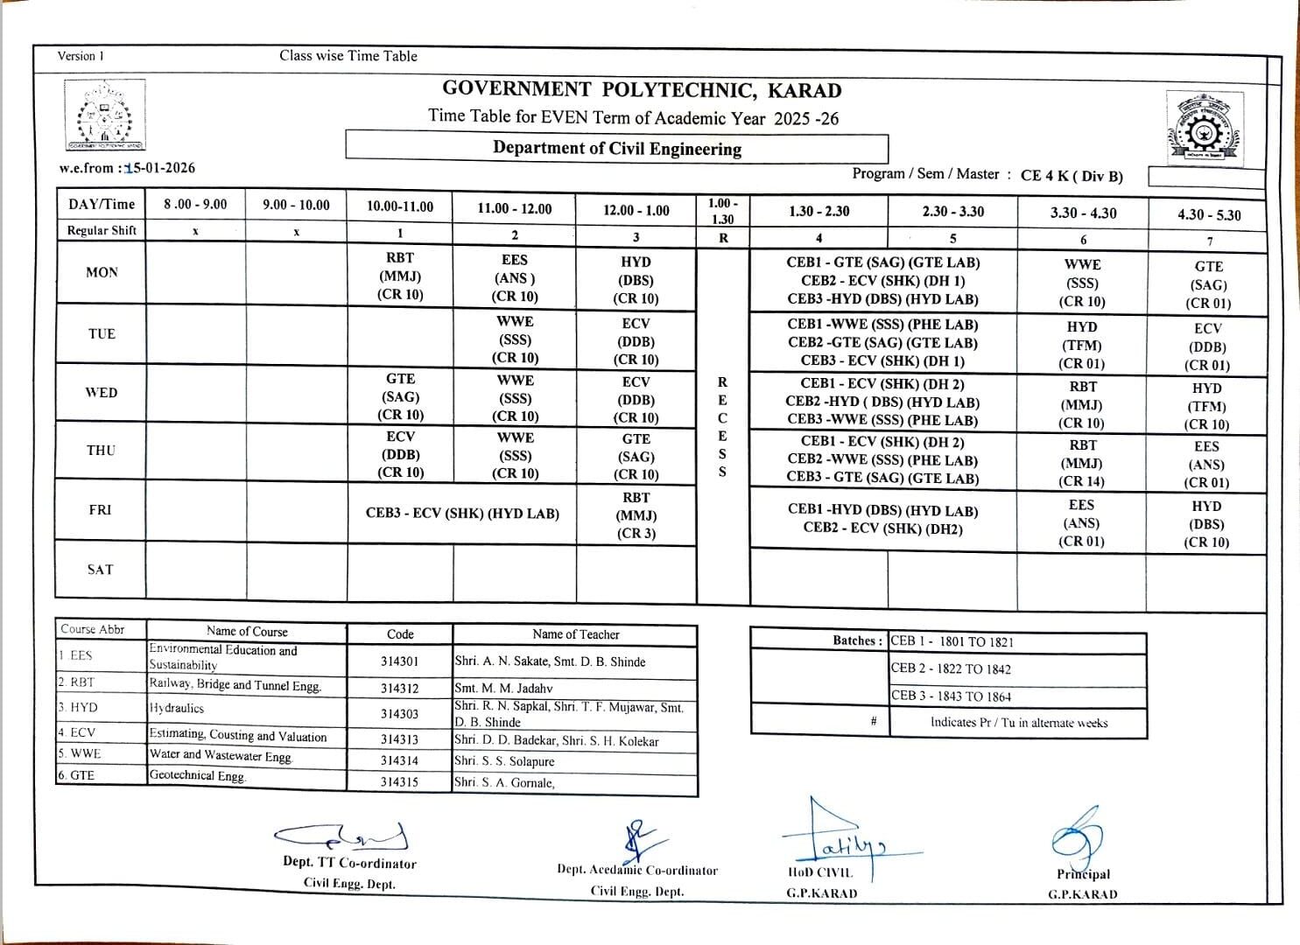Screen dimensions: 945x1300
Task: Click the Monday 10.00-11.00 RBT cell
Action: coord(400,276)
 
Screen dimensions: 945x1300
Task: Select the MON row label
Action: coord(102,272)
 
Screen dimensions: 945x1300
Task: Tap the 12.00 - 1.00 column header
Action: coord(636,210)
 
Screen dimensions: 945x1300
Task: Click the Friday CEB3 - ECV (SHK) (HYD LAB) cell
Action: coord(462,514)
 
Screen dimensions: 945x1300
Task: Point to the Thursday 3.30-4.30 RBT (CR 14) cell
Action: coord(1082,463)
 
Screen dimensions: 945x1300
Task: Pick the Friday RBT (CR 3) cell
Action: coord(636,515)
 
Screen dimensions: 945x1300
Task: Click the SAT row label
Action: coord(101,570)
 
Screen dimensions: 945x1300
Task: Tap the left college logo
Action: coord(105,116)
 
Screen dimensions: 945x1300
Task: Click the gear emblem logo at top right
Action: coord(1203,129)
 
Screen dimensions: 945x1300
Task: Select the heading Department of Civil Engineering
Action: coord(616,148)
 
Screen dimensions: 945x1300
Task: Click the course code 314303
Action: coord(399,714)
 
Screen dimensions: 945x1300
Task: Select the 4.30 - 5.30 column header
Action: coord(1208,214)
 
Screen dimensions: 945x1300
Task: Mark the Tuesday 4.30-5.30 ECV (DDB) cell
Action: coord(1207,346)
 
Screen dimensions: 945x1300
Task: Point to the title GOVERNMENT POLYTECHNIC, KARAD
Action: coord(642,90)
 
